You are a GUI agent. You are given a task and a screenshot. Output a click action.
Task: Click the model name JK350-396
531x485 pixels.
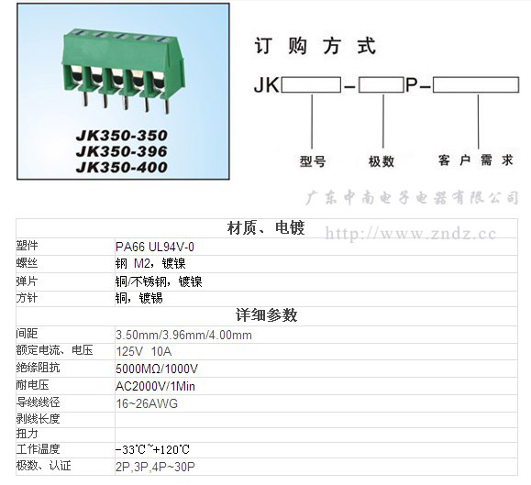(122, 151)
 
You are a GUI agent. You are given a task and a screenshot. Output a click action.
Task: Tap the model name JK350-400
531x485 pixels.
(122, 167)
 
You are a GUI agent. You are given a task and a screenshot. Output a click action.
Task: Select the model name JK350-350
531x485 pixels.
(122, 136)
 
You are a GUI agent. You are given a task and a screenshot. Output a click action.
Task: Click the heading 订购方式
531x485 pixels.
(315, 46)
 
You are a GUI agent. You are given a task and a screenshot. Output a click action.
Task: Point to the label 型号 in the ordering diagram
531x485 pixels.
(312, 161)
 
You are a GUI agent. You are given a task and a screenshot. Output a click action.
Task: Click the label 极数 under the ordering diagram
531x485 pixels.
(382, 161)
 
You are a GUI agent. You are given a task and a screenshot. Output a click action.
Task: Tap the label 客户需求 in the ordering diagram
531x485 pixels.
(476, 160)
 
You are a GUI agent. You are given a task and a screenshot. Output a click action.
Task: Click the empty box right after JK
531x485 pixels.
(311, 84)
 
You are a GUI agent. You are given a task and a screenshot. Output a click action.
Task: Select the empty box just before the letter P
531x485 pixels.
(382, 84)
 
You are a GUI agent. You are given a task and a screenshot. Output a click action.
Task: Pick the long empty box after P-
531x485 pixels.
(476, 84)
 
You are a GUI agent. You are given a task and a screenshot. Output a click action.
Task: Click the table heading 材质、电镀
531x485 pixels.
(266, 227)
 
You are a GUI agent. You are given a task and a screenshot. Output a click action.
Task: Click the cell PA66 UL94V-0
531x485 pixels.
(155, 247)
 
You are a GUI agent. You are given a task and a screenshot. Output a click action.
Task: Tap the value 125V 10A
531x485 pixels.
(144, 352)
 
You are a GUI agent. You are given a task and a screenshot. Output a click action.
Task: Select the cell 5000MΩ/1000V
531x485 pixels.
(157, 369)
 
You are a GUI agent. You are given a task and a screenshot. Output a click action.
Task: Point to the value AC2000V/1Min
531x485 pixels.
(155, 386)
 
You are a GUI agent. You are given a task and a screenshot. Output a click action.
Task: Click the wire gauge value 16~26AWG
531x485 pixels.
(147, 403)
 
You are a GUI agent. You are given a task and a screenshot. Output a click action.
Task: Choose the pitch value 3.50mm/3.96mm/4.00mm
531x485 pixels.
(184, 335)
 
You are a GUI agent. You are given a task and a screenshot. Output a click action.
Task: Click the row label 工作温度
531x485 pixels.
(38, 449)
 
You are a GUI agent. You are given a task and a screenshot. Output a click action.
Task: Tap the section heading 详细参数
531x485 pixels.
(267, 315)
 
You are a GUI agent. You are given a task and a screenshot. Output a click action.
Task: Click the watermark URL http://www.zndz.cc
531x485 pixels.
(411, 234)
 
